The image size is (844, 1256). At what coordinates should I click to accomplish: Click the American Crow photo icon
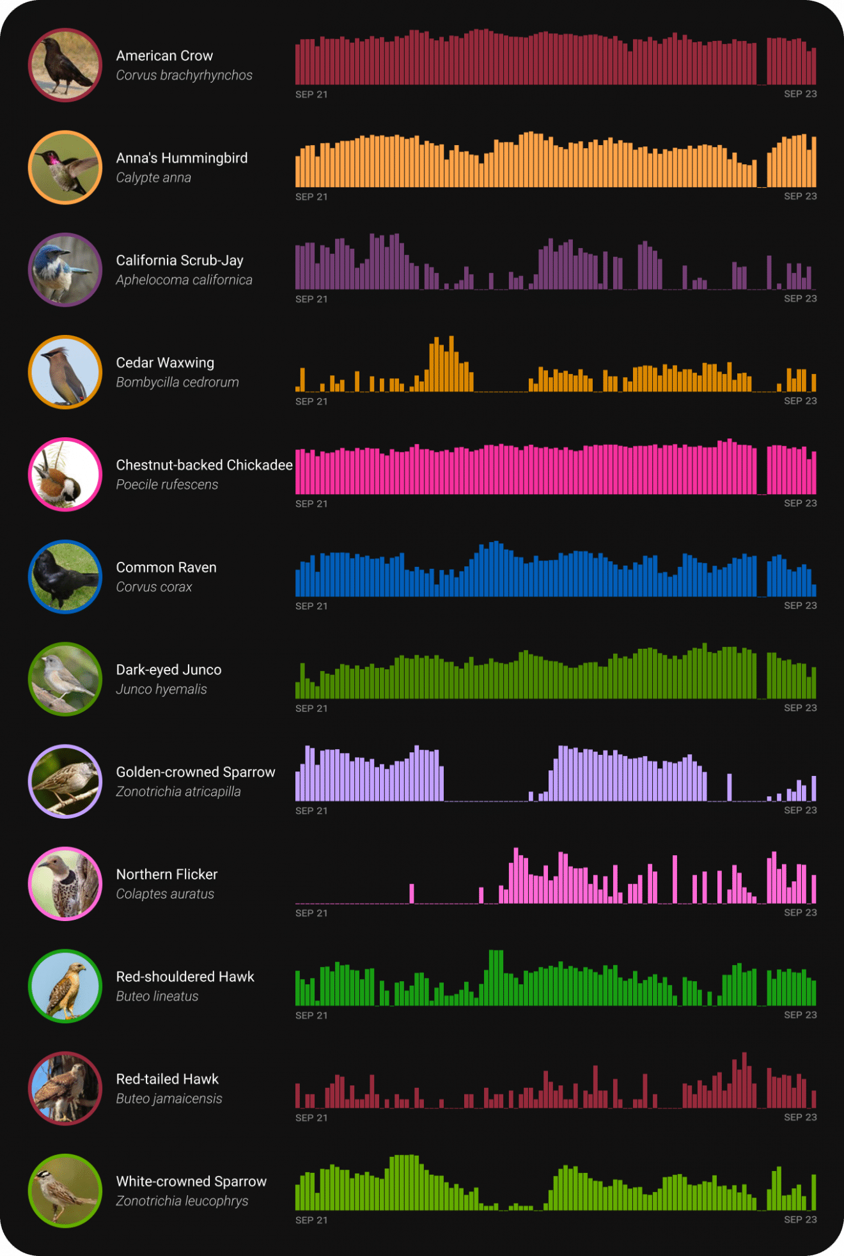click(65, 65)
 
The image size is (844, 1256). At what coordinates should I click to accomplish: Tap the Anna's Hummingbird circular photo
click(65, 167)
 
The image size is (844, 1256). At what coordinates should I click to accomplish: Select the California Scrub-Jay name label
click(180, 260)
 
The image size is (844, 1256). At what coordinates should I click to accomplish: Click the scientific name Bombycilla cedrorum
click(177, 382)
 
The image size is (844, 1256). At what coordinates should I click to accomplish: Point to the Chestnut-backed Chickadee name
click(204, 465)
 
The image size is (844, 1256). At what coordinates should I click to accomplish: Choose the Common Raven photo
click(65, 577)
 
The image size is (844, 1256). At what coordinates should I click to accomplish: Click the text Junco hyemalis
click(161, 689)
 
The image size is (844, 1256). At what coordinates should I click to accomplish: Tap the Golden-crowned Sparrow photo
click(65, 781)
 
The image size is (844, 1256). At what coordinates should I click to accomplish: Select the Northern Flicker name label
click(167, 874)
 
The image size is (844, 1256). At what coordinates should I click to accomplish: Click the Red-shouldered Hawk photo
click(65, 986)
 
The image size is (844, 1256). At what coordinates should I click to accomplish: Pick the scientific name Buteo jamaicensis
click(169, 1098)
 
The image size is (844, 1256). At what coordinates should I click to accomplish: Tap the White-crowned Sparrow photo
click(65, 1190)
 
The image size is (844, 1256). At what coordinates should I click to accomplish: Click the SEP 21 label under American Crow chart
click(311, 94)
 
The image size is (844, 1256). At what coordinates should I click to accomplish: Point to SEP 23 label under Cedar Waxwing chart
click(800, 401)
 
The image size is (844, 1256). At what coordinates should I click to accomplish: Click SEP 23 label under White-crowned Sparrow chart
click(800, 1220)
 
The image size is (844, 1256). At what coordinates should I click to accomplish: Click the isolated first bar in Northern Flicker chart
click(412, 893)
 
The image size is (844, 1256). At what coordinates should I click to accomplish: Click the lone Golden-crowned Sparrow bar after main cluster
click(730, 787)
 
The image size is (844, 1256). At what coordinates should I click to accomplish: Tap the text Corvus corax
click(153, 587)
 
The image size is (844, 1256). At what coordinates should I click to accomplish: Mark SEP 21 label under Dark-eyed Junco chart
click(311, 708)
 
